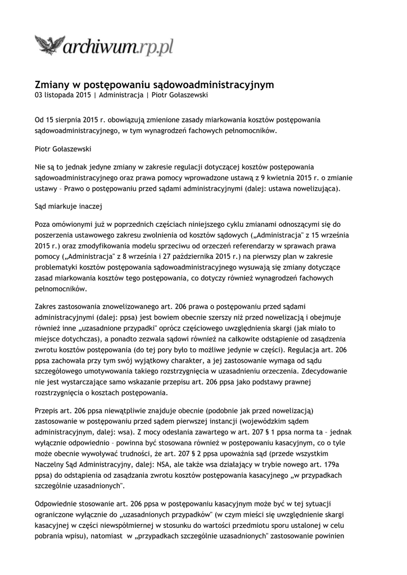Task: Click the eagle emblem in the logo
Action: click(x=49, y=44)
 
